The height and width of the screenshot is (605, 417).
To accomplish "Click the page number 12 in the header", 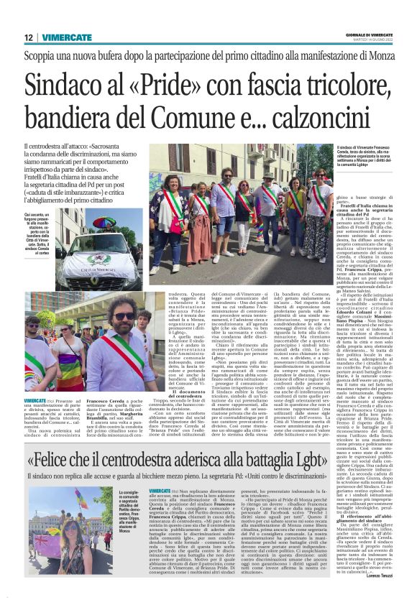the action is click(x=28, y=38).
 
